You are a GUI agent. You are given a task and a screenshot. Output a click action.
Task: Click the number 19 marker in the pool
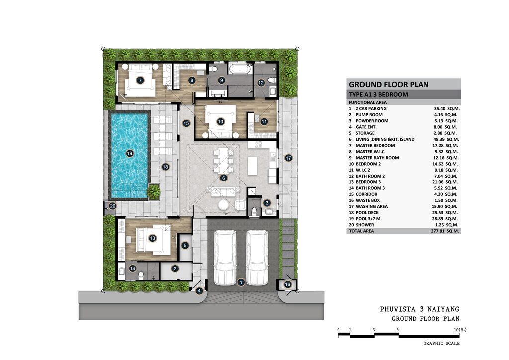click(x=130, y=153)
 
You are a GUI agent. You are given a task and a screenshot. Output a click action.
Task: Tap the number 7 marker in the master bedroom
click(x=140, y=80)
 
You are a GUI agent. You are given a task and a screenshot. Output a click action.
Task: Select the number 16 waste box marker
click(x=288, y=285)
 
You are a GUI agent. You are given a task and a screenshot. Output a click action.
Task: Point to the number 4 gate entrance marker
click(x=199, y=291)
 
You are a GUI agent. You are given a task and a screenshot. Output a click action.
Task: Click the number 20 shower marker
click(x=113, y=206)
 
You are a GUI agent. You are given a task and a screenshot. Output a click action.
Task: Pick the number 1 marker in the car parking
click(x=241, y=282)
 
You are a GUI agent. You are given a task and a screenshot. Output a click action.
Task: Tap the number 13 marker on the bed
click(x=152, y=238)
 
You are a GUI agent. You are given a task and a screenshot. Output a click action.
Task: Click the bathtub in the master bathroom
click(x=239, y=69)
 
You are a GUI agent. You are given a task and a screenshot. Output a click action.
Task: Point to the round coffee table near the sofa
click(x=224, y=205)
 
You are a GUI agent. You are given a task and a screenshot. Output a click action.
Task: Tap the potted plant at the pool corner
click(x=153, y=191)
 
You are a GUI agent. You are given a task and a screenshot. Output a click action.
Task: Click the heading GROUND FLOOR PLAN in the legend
click(x=389, y=85)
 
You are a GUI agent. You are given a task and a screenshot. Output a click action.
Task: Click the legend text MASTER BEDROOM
click(x=375, y=145)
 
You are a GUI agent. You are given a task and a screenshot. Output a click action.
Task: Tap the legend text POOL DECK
click(x=367, y=213)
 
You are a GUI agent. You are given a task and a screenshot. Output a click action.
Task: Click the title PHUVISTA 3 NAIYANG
click(x=420, y=309)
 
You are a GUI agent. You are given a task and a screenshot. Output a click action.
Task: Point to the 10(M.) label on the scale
click(x=460, y=330)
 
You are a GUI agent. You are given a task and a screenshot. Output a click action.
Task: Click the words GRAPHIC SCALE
click(x=441, y=343)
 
